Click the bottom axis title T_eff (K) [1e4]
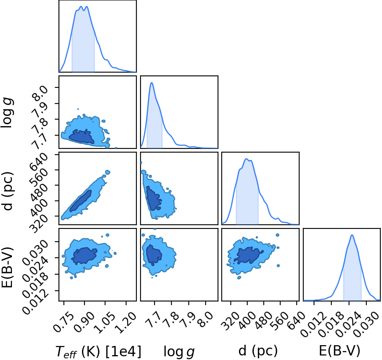(98, 352)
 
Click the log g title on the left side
(7, 112)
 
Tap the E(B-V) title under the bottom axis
(340, 351)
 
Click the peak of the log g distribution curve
(152, 82)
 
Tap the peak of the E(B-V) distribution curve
(352, 235)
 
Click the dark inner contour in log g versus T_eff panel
(82, 136)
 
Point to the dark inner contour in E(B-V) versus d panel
(248, 255)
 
